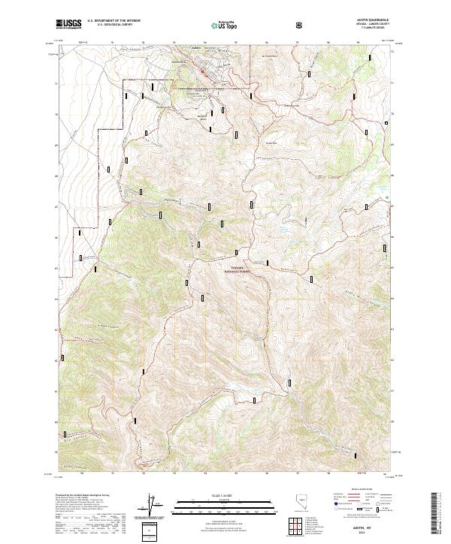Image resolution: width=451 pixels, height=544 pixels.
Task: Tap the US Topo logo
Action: click(226, 24)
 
